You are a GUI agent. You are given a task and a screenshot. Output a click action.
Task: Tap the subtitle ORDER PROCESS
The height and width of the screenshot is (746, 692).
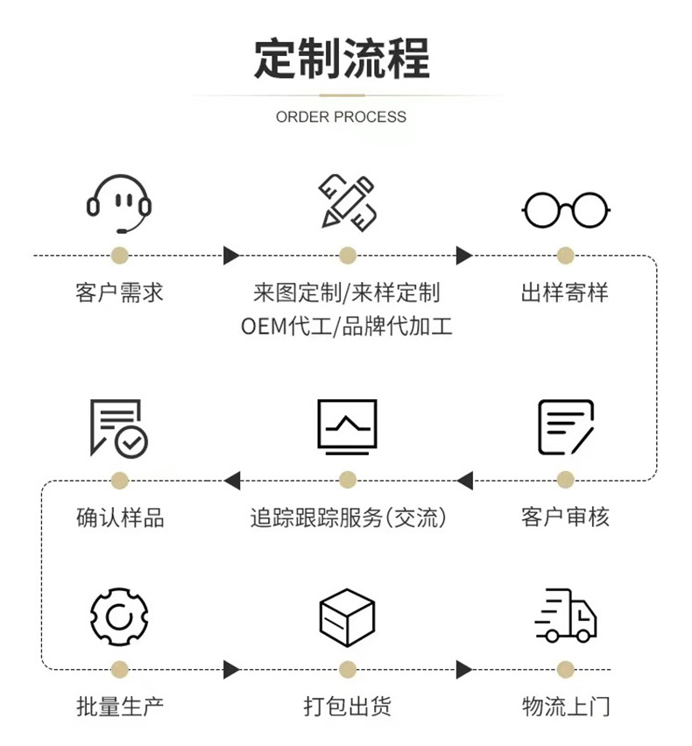(x=342, y=116)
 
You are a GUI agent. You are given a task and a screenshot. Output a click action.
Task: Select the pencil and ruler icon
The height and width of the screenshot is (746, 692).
(x=347, y=201)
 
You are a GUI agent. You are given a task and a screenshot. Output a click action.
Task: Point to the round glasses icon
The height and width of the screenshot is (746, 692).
(x=566, y=209)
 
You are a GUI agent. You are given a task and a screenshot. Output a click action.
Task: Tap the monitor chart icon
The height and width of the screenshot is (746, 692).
(x=347, y=426)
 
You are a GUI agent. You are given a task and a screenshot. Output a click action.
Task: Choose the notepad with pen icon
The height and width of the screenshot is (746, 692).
(x=566, y=427)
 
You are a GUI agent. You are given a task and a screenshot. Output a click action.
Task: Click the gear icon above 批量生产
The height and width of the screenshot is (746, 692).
(x=119, y=616)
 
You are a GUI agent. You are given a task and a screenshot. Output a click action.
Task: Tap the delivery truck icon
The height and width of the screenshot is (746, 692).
(x=566, y=616)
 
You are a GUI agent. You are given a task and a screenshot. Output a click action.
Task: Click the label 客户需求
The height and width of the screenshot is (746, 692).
(x=119, y=292)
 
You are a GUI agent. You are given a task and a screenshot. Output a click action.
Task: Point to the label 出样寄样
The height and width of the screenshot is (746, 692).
(x=565, y=292)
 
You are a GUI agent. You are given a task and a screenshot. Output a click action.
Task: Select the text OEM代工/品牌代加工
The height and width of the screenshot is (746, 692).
(x=347, y=327)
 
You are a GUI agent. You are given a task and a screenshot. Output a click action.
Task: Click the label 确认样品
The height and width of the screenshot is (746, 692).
(x=120, y=517)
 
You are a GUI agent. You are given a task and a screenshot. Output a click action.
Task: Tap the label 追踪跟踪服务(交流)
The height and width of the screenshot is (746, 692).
(x=348, y=517)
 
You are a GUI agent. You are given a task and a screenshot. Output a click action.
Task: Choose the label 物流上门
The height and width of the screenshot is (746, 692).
(x=566, y=706)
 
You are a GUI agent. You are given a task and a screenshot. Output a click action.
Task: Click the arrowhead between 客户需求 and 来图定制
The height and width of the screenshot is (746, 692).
(x=231, y=256)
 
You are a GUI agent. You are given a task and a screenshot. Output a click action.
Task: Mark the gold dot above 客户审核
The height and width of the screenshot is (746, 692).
(x=566, y=480)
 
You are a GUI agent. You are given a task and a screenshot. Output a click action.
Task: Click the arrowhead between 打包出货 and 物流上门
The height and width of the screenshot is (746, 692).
(x=463, y=670)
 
